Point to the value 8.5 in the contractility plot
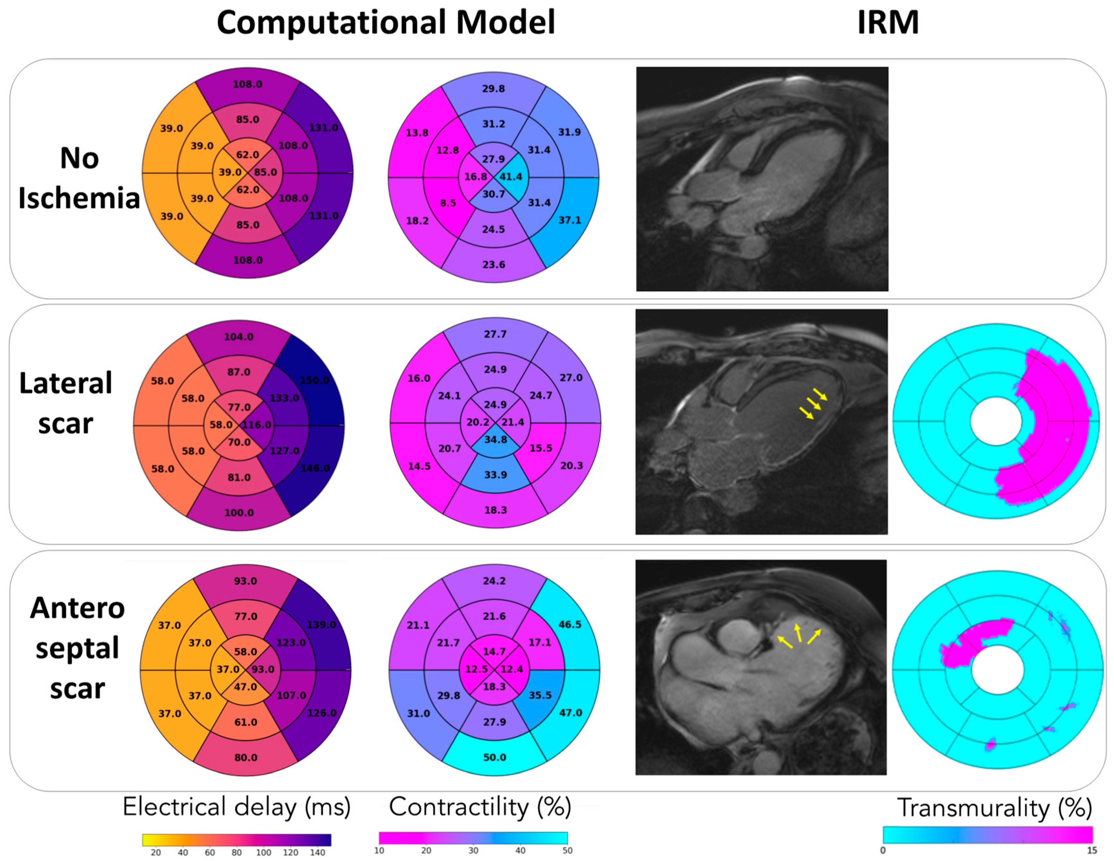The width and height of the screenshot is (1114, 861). (x=448, y=203)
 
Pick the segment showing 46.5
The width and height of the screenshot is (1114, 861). (x=570, y=624)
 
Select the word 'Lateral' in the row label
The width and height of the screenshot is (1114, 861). (x=65, y=383)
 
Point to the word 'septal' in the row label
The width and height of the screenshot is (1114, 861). (x=77, y=648)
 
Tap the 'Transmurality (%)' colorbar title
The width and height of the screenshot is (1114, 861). (x=994, y=808)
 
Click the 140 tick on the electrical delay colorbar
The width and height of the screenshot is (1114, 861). (x=317, y=852)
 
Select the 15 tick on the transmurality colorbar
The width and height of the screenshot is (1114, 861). (x=1092, y=850)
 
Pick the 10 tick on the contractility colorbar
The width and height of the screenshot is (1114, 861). (x=379, y=850)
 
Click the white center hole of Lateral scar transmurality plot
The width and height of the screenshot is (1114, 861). (x=996, y=421)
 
